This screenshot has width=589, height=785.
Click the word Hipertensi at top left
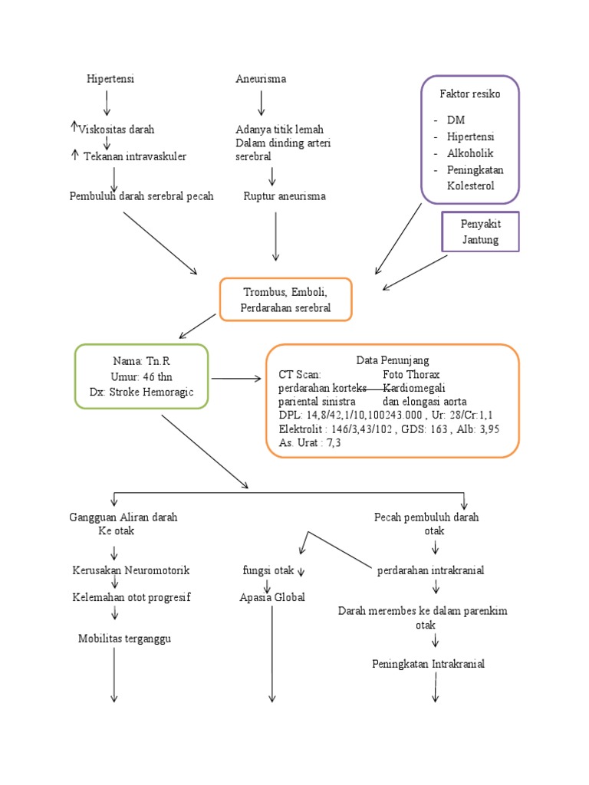(110, 80)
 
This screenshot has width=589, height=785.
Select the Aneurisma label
(261, 80)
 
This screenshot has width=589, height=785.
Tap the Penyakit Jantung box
(480, 232)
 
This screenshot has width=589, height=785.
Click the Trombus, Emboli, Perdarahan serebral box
(285, 300)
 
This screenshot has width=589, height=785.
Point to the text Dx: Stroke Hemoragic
(141, 392)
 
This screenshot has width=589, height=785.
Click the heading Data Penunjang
(392, 360)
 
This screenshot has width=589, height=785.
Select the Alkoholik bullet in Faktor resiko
(470, 153)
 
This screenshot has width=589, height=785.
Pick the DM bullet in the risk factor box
(456, 120)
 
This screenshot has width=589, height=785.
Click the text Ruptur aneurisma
(284, 196)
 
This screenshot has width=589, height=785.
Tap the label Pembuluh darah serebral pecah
(141, 196)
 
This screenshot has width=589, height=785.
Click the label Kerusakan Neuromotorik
(130, 571)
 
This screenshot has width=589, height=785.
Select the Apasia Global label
(271, 597)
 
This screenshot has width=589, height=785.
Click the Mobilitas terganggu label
(124, 639)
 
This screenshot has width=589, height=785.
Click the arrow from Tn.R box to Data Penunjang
(235, 378)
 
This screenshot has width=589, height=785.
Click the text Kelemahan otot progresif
(131, 597)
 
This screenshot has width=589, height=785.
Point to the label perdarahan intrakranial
(430, 571)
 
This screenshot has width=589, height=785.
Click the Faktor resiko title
(469, 94)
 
